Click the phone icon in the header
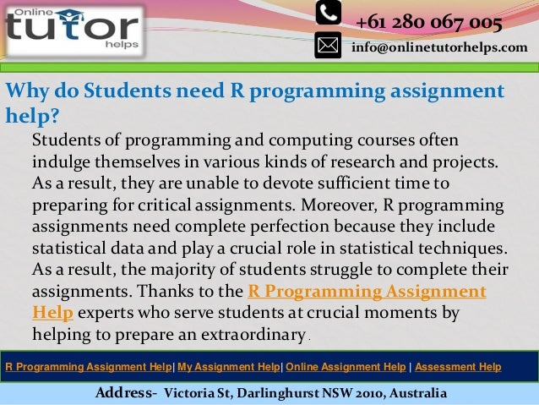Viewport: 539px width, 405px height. pos(328,13)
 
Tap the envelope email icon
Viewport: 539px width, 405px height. pos(328,44)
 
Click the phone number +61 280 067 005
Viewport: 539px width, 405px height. pos(429,21)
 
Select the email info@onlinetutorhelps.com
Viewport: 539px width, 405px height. pos(439,47)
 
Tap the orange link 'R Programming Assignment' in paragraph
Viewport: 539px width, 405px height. pos(367,292)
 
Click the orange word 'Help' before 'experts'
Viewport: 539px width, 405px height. pos(52,312)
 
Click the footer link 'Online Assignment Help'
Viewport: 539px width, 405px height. pos(346,367)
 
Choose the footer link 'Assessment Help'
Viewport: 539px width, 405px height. pos(458,367)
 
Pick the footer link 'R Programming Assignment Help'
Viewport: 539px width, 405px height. pos(88,367)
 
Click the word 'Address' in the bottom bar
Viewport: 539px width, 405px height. pos(124,393)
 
